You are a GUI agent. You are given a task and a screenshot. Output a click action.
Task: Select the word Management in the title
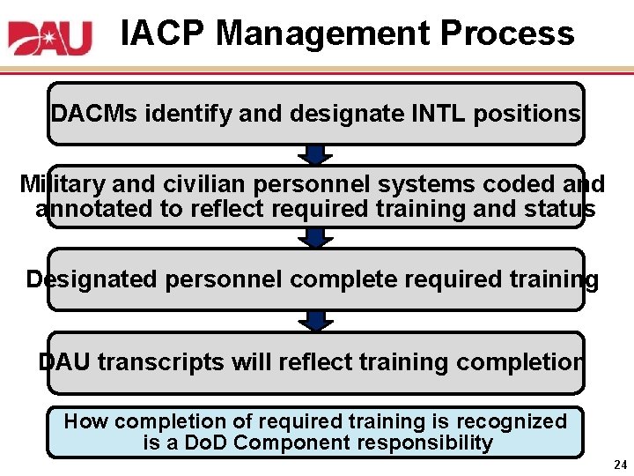tap(322, 33)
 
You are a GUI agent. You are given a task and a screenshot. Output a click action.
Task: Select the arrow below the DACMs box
tap(316, 155)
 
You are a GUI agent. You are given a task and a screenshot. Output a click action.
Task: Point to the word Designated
tap(92, 280)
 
